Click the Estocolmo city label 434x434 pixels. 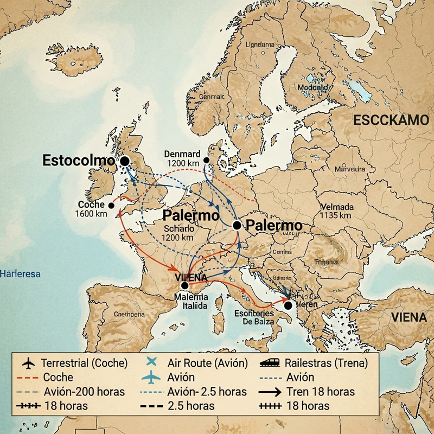pos(79,161)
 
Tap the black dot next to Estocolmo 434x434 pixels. pos(124,161)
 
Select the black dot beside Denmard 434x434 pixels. pos(206,161)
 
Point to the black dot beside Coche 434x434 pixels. pos(111,205)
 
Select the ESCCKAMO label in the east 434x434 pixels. pos(391,120)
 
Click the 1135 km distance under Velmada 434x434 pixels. pos(337,216)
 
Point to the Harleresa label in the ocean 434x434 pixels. pos(21,274)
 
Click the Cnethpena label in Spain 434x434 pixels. pos(129,314)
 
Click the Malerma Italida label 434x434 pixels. pos(191,302)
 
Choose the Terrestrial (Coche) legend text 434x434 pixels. pos(84,363)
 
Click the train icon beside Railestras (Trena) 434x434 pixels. pos(270,363)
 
